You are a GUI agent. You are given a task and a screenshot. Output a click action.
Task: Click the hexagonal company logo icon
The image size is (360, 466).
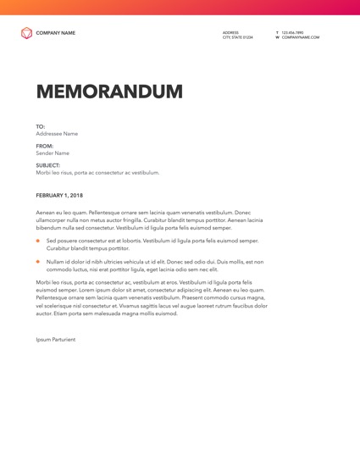26,33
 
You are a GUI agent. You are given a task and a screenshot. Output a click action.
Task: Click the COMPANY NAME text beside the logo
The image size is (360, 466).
55,33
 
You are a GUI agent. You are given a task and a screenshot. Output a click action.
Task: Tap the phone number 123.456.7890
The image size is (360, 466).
292,32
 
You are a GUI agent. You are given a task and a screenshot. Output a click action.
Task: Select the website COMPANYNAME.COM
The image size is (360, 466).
301,37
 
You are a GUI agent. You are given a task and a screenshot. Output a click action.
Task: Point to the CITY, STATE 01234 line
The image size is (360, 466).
237,37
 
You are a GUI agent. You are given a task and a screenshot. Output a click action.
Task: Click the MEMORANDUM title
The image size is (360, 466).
109,92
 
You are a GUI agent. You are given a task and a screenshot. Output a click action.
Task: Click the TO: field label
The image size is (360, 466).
41,126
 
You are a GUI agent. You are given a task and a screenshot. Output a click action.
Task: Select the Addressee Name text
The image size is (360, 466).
57,134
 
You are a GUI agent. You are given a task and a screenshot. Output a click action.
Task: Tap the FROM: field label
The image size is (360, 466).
44,146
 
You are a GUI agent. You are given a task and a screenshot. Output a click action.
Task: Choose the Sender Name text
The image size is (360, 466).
53,153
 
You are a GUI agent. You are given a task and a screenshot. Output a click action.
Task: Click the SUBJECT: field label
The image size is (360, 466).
48,165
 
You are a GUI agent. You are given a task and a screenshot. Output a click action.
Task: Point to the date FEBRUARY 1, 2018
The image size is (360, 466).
59,196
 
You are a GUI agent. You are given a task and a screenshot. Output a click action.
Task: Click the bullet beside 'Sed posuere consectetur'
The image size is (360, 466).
38,241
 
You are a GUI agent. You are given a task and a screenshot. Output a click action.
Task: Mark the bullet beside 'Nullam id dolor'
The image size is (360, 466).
38,262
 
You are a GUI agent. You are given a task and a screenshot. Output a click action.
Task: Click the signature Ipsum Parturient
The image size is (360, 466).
55,339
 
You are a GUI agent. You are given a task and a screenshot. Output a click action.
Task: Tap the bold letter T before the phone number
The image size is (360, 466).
277,32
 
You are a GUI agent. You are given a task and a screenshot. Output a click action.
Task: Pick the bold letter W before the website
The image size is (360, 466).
277,37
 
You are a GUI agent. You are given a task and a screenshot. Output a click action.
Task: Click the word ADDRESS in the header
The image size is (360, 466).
230,32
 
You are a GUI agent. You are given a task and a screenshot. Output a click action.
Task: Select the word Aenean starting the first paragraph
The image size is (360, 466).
46,213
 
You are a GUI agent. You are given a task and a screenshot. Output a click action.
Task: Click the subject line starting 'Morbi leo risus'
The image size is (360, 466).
97,173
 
